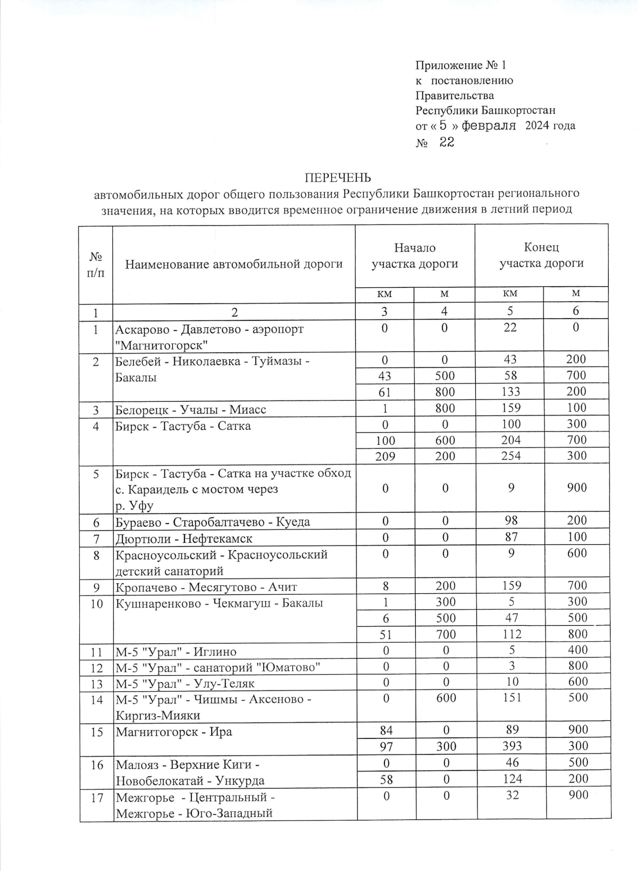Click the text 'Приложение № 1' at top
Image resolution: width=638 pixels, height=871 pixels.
tap(460, 65)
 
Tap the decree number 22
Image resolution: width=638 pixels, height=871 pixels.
tap(447, 142)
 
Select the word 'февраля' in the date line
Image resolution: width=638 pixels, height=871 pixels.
tap(489, 126)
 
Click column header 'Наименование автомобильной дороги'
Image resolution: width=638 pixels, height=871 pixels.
tap(234, 264)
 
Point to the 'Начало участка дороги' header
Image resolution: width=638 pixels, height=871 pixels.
tap(415, 256)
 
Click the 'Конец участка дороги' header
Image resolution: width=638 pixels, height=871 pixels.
tap(541, 255)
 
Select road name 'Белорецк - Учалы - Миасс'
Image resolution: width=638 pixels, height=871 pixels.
tap(191, 410)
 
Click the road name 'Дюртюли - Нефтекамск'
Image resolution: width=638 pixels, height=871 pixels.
tap(184, 538)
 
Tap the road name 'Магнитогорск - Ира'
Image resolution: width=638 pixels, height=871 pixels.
tap(174, 732)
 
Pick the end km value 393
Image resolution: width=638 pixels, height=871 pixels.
tap(511, 746)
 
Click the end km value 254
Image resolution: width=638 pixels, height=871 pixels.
tap(510, 456)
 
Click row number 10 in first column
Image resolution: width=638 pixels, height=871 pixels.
tap(96, 603)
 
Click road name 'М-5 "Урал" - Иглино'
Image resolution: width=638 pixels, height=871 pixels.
tap(176, 651)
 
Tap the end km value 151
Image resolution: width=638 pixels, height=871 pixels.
tap(511, 698)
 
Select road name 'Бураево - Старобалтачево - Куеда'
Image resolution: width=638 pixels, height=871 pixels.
tap(213, 522)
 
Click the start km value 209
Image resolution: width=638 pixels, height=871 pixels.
tap(385, 457)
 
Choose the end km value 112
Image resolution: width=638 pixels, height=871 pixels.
tap(511, 634)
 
